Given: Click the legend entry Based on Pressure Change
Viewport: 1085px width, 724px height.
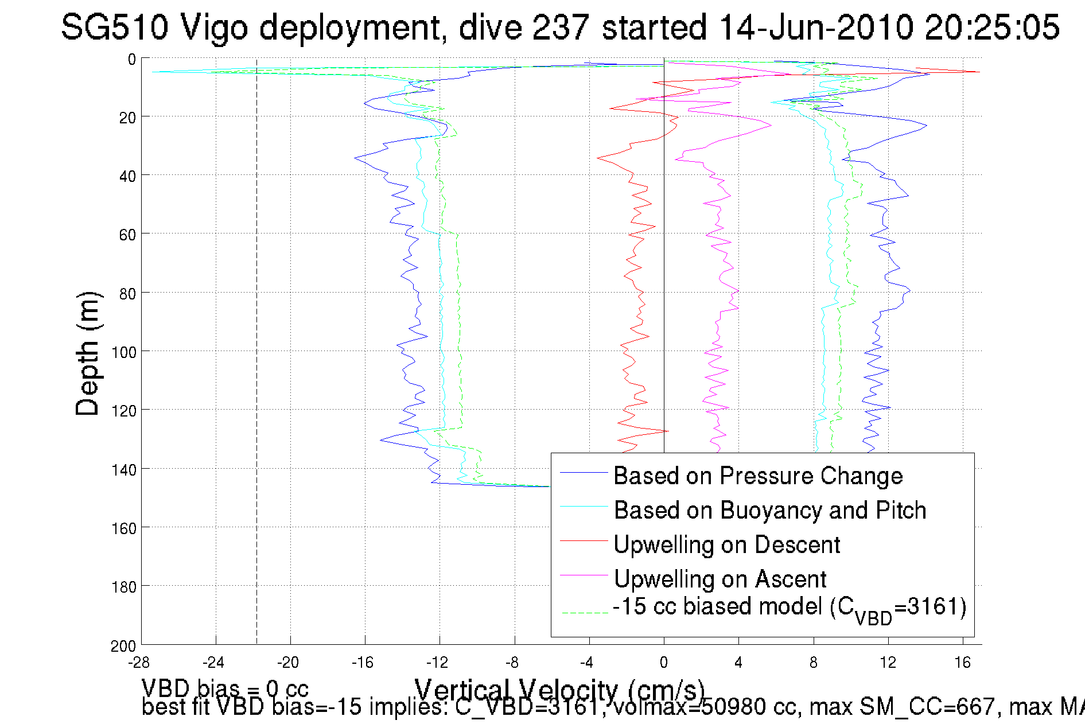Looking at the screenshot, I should [x=758, y=476].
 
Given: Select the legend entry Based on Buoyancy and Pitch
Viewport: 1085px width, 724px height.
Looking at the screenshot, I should [x=769, y=510].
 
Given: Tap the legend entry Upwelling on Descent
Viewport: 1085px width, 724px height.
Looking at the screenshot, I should [x=726, y=544].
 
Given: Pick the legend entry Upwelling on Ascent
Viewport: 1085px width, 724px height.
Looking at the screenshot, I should [x=720, y=579].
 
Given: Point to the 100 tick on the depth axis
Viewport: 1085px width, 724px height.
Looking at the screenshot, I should [x=124, y=352].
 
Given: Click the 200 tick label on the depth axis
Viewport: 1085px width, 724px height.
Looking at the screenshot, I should [x=124, y=647].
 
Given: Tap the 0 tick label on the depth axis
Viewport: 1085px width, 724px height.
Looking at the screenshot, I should [x=132, y=59].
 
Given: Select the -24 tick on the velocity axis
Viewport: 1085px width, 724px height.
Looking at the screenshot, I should [x=213, y=663].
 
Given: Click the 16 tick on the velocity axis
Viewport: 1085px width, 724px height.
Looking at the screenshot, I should [x=962, y=663].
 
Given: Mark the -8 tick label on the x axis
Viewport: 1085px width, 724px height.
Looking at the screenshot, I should [x=512, y=663].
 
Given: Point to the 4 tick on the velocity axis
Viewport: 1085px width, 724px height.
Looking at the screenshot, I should [x=738, y=663].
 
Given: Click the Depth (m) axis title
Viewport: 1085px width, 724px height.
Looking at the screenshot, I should [x=88, y=353].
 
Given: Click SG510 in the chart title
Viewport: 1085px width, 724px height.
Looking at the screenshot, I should [x=114, y=27].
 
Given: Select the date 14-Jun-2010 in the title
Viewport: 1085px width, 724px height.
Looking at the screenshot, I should [x=815, y=27].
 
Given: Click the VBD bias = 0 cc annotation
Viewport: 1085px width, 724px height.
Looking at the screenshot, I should [x=225, y=688].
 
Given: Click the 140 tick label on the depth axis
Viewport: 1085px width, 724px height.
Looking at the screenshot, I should [x=124, y=470].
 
